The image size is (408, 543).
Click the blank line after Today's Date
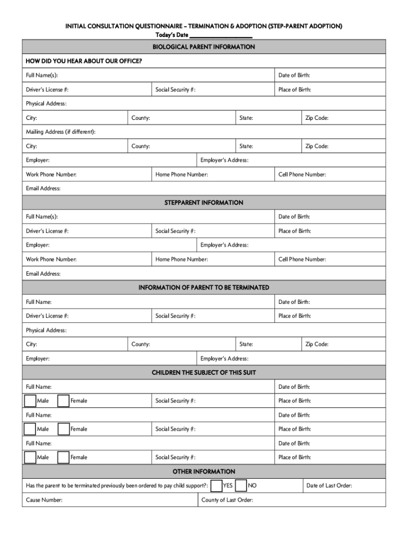tap(220, 35)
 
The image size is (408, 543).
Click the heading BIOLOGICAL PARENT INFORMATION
tap(204, 47)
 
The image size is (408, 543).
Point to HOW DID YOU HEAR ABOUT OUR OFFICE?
tap(84, 61)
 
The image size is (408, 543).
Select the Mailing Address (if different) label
tap(61, 132)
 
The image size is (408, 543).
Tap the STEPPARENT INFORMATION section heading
tap(204, 203)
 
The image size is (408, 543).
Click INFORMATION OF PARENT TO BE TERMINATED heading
tap(204, 287)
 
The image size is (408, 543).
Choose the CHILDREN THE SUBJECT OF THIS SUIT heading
tap(204, 373)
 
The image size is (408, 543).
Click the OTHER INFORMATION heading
tap(204, 471)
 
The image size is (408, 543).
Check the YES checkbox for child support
tap(216, 486)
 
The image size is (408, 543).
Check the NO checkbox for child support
tap(241, 486)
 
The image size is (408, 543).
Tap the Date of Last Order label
tap(329, 486)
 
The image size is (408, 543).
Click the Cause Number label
tap(45, 500)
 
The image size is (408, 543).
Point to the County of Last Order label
tap(227, 500)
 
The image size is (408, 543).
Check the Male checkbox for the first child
tap(30, 401)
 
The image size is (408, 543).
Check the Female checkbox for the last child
tap(63, 457)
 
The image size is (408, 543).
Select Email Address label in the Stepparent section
tap(43, 274)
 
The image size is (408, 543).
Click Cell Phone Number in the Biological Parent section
tap(302, 174)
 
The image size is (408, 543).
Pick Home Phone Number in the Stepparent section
tap(181, 259)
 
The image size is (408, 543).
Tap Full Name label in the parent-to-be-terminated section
tap(39, 302)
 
